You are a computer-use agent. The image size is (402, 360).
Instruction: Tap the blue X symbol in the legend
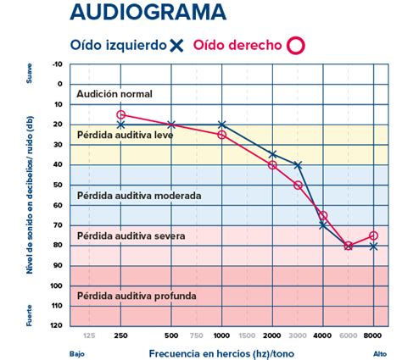click(176, 46)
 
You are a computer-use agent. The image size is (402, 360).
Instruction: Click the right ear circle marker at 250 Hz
click(121, 114)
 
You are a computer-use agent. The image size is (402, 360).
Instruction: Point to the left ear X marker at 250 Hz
click(121, 125)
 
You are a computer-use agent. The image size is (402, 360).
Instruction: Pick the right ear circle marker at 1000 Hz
click(222, 135)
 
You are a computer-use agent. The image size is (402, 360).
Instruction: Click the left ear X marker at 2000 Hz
click(272, 154)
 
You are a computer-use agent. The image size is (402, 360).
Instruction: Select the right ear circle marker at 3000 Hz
click(298, 185)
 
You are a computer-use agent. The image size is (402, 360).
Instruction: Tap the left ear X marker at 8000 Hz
click(373, 246)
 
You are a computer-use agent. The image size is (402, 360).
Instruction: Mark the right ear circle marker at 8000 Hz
click(373, 235)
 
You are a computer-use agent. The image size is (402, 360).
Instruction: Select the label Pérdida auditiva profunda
click(137, 296)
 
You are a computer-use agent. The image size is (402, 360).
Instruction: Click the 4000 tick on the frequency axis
click(323, 336)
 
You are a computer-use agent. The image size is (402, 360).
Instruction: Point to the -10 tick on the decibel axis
click(57, 64)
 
